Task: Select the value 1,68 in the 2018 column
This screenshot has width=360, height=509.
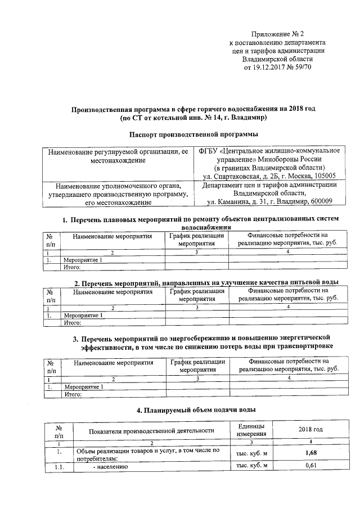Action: pyautogui.click(x=310, y=453)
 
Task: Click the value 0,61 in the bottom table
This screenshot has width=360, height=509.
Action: pyautogui.click(x=310, y=466)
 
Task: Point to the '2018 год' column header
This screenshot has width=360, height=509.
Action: pyautogui.click(x=310, y=430)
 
